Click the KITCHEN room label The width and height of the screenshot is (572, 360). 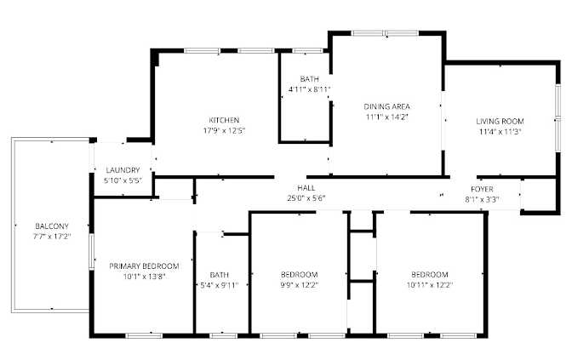pos(224,120)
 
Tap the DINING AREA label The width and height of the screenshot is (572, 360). pos(386,106)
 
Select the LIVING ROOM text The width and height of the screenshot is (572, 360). pos(500,121)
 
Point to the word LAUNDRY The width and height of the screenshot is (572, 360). pos(123,170)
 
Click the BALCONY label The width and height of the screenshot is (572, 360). pos(52,226)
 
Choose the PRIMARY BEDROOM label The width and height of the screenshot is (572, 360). pos(144,266)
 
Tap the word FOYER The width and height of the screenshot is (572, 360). pos(482,189)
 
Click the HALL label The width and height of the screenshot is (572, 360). pos(306,188)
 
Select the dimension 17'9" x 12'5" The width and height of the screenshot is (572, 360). pos(224,130)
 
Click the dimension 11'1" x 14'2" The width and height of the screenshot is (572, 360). pos(386,117)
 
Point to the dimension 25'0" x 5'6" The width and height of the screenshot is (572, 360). pos(306,198)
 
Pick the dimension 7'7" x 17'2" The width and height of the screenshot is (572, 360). pos(52,237)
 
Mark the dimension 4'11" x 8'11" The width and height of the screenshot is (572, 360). pos(309,89)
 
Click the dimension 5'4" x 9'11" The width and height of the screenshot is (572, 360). pos(220,285)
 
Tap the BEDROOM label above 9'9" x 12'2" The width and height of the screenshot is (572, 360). pos(299,275)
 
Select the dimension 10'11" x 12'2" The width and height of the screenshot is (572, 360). pos(430,285)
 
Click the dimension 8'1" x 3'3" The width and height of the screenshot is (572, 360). pos(482,199)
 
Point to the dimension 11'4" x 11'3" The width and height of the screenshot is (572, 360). pos(500,132)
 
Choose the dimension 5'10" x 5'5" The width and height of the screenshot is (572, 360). pos(123,180)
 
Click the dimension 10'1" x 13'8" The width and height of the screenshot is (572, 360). pos(144,277)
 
